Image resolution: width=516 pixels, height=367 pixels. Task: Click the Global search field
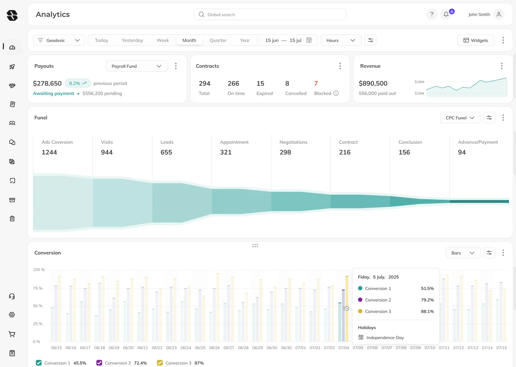[270, 15]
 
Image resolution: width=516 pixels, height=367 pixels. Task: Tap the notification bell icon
[446, 14]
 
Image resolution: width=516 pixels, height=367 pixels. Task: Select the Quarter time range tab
[218, 40]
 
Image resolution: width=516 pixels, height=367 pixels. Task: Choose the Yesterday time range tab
[132, 40]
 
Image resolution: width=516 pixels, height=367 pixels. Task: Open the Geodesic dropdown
[59, 40]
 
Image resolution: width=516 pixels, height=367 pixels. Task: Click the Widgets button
[476, 40]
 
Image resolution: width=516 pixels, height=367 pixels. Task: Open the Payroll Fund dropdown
[137, 66]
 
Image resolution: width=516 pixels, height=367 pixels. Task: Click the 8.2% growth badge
[77, 84]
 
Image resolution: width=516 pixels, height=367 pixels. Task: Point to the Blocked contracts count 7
[316, 84]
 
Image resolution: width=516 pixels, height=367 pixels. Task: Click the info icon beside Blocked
[336, 94]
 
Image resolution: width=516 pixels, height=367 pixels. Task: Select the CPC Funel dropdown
[460, 118]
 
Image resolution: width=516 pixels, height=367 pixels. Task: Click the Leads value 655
[166, 152]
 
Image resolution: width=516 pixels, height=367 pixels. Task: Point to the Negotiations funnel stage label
[293, 142]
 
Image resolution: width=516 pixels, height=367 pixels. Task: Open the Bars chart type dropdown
[463, 253]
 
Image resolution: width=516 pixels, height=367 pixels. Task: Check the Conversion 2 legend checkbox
[99, 363]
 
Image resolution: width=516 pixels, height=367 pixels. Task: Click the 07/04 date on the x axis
[343, 348]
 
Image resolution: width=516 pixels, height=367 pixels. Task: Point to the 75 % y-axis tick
[38, 288]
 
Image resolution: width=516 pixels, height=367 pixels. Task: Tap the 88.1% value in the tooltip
[427, 311]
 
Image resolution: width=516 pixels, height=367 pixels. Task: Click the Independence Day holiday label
[385, 338]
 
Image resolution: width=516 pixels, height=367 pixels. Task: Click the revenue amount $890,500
[373, 84]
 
